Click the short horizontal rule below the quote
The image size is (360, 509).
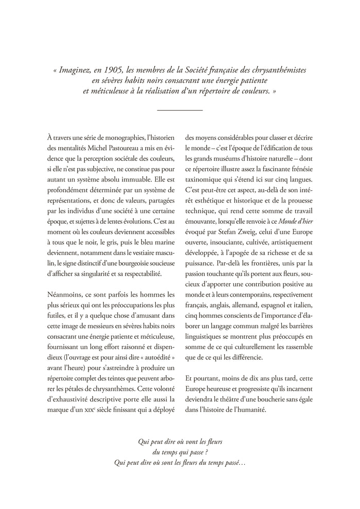point(179,110)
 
